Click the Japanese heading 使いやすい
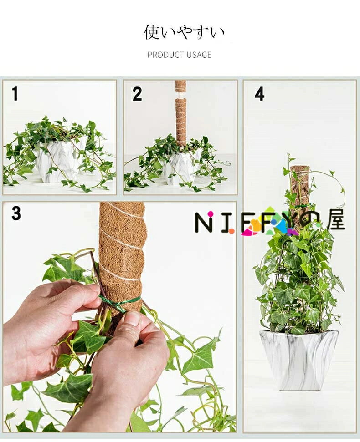[x=184, y=32]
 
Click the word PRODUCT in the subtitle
[x=165, y=55]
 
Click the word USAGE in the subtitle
[x=198, y=55]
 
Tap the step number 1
[x=15, y=94]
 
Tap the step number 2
[x=137, y=94]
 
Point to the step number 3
[x=16, y=213]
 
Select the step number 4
[x=259, y=94]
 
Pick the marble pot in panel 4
[x=299, y=360]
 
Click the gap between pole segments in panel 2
[x=181, y=95]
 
